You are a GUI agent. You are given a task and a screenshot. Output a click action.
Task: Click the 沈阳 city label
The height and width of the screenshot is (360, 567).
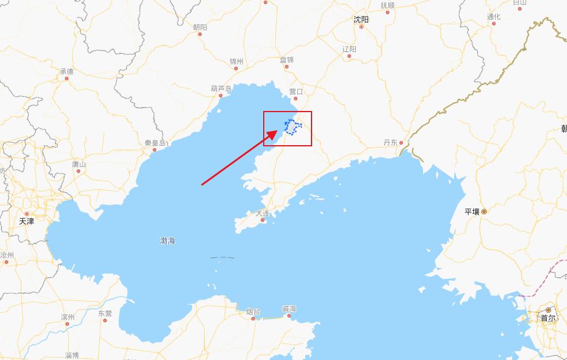(x=361, y=19)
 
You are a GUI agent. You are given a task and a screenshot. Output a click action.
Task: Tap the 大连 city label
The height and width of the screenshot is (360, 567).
(x=262, y=213)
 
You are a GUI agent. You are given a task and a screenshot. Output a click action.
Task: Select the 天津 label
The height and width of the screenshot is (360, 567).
(x=27, y=221)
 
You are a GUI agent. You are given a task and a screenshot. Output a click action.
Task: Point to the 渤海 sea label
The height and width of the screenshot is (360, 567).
(x=168, y=241)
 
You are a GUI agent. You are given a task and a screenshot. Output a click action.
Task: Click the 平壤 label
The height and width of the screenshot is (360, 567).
(x=472, y=211)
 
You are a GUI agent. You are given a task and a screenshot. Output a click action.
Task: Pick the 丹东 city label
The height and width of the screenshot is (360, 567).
(x=391, y=142)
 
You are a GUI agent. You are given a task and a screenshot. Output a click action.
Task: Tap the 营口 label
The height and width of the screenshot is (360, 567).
(x=296, y=91)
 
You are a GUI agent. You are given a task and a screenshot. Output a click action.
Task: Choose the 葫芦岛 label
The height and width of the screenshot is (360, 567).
(x=221, y=89)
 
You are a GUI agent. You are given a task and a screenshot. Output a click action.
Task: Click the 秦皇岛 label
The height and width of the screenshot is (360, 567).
(x=155, y=143)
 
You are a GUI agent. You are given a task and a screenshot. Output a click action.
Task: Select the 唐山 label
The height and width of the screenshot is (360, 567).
(x=78, y=164)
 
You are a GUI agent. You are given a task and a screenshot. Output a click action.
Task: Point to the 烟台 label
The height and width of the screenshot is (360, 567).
(x=253, y=311)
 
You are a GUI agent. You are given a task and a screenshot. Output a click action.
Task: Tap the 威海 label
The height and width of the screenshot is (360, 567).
(x=289, y=309)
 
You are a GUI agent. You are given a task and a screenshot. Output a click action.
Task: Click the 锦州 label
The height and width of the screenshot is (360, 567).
(x=237, y=61)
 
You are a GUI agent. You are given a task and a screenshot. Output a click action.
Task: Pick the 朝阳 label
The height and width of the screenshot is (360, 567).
(x=200, y=27)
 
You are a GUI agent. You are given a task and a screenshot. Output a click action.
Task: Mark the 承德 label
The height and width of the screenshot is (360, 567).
(x=67, y=71)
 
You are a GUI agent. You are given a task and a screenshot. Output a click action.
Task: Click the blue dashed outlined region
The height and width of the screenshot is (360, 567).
(x=291, y=126)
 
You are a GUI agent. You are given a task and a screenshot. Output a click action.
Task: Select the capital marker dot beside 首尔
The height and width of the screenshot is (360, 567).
(x=548, y=310)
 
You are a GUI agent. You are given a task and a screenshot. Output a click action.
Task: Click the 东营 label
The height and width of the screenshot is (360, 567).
(x=104, y=313)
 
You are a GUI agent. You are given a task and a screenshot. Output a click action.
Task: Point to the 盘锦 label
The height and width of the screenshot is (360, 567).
(x=287, y=60)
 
